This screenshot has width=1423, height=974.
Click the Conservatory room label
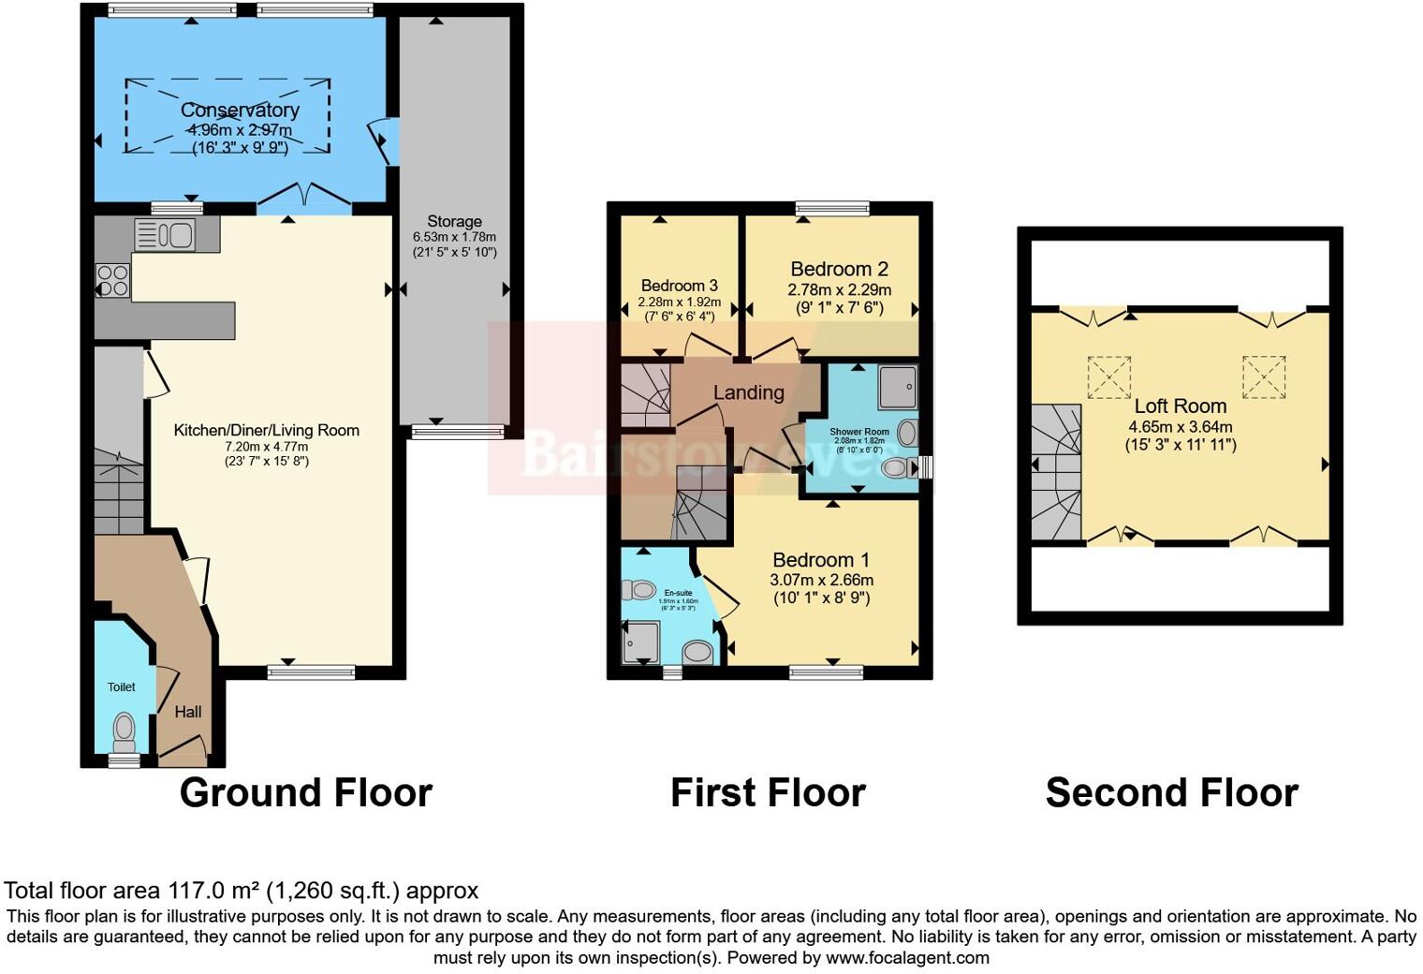click(240, 111)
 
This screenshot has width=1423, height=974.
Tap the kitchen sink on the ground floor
click(165, 234)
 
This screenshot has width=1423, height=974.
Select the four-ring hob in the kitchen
click(113, 280)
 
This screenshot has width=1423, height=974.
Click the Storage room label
click(454, 222)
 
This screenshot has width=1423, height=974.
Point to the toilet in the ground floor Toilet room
click(124, 728)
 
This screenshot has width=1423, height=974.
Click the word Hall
click(187, 712)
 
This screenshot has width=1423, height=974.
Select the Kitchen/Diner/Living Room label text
click(266, 431)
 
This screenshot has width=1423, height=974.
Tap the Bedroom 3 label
click(679, 286)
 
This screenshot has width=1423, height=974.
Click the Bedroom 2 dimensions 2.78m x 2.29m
click(839, 290)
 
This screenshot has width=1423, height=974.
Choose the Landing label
click(748, 393)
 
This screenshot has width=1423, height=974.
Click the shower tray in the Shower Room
click(897, 387)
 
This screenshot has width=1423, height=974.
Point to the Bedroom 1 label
click(821, 560)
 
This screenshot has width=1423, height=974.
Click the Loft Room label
click(1180, 406)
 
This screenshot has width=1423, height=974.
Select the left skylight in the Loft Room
click(1108, 376)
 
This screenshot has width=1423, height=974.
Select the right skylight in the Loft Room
click(1263, 376)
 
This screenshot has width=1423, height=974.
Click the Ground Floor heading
click(305, 793)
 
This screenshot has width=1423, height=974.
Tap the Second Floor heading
click(1171, 793)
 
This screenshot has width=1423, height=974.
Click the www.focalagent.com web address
click(907, 958)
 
